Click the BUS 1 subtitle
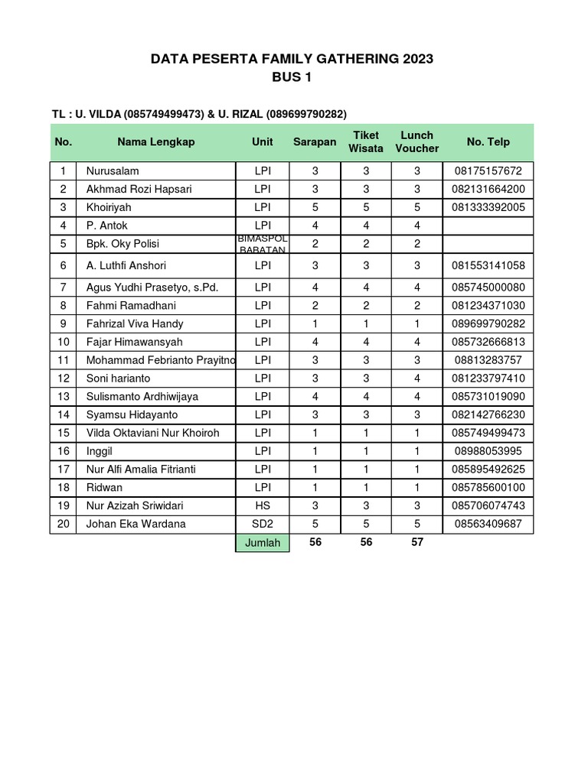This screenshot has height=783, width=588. click(x=292, y=77)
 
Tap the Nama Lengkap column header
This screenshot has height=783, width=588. click(x=156, y=141)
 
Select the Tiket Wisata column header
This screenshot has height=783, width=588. click(x=365, y=141)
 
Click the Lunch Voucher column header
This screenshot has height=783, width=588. click(x=417, y=141)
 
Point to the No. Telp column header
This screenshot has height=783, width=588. click(x=488, y=141)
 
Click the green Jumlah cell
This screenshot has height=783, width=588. click(x=262, y=543)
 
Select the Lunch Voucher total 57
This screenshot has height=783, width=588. click(x=417, y=543)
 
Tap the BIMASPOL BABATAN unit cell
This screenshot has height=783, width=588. click(x=262, y=244)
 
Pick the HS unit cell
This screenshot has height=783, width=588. click(x=262, y=506)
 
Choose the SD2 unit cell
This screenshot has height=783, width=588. click(x=262, y=525)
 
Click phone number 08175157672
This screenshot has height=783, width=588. click(x=488, y=171)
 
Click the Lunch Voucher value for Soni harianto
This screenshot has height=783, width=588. click(x=417, y=379)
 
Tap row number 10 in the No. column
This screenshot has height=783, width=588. click(x=64, y=342)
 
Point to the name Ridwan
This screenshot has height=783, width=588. click(x=104, y=488)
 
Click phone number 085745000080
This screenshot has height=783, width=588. click(x=488, y=288)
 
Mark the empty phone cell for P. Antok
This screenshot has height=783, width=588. click(x=488, y=226)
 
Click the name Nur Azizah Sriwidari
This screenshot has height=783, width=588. click(x=135, y=506)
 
